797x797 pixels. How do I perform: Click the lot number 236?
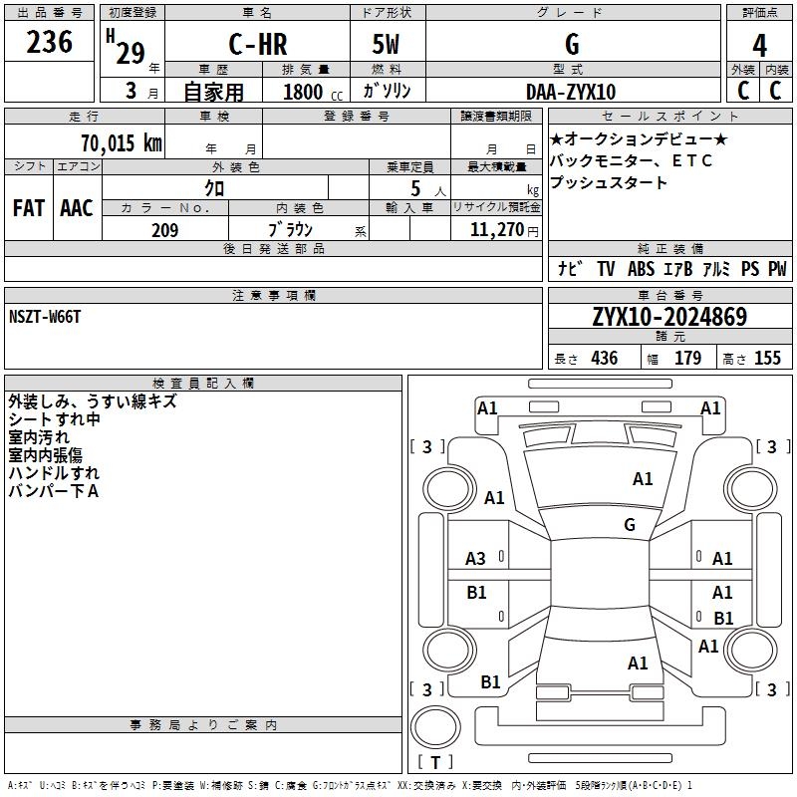tap(49, 43)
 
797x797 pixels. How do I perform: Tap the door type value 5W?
tap(387, 45)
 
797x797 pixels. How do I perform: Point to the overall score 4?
tap(759, 45)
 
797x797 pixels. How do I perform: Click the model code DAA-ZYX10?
tap(571, 92)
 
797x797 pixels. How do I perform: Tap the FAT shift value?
tap(29, 208)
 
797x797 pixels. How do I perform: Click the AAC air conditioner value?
tap(77, 208)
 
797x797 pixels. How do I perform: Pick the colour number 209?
tap(164, 230)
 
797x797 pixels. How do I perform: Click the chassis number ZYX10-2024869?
tap(668, 317)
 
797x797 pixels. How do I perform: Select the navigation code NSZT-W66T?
tap(45, 316)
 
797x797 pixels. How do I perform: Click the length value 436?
tap(604, 359)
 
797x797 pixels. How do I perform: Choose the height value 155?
tap(767, 359)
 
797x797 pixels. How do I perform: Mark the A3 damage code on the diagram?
tap(476, 559)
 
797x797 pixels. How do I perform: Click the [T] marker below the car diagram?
tap(434, 762)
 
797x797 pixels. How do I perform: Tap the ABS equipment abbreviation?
tap(641, 269)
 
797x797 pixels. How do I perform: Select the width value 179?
tap(687, 359)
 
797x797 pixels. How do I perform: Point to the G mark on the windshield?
tap(630, 525)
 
